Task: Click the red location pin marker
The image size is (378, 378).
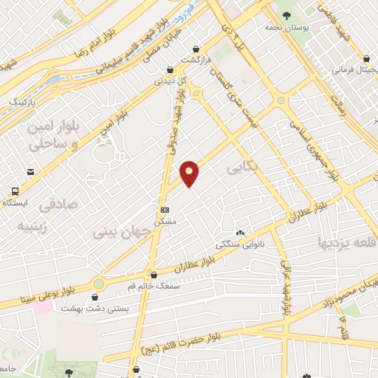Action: (x=190, y=173)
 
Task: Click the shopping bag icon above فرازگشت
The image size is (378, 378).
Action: (x=199, y=44)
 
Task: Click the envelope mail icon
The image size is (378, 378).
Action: (x=31, y=171)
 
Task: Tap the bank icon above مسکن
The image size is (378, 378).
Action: (x=164, y=209)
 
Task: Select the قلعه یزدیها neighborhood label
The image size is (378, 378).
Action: (x=347, y=241)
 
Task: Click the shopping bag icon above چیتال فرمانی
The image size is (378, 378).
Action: (x=367, y=58)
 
